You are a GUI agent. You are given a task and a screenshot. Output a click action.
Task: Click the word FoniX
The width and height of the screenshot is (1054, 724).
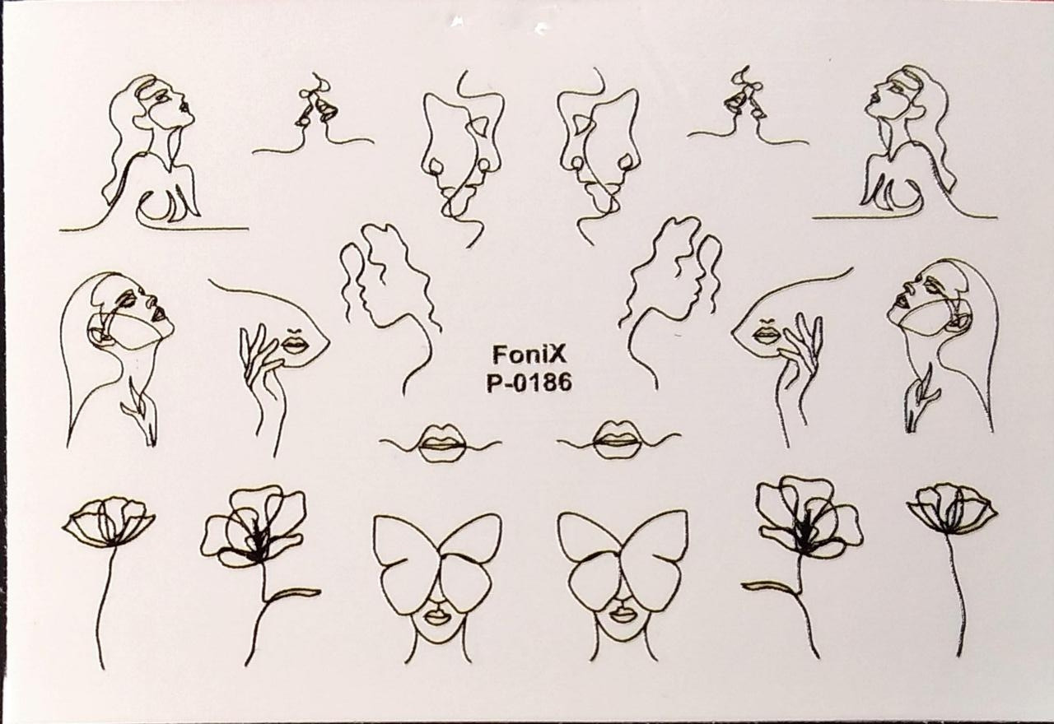pyautogui.click(x=529, y=355)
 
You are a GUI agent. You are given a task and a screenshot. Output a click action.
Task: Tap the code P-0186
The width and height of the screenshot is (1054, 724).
pyautogui.click(x=529, y=383)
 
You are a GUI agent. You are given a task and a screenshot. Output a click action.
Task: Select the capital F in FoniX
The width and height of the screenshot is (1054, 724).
pyautogui.click(x=499, y=355)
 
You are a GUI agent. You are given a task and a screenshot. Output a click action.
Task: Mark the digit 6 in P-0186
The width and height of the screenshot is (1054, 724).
pyautogui.click(x=564, y=383)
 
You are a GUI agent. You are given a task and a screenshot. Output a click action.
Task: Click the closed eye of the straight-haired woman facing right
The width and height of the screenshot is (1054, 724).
pyautogui.click(x=128, y=296)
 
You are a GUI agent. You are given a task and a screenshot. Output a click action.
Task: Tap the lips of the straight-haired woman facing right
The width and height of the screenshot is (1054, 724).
pyautogui.click(x=158, y=313)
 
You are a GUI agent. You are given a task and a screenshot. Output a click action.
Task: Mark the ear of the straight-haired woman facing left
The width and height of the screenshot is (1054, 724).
pyautogui.click(x=959, y=315)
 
